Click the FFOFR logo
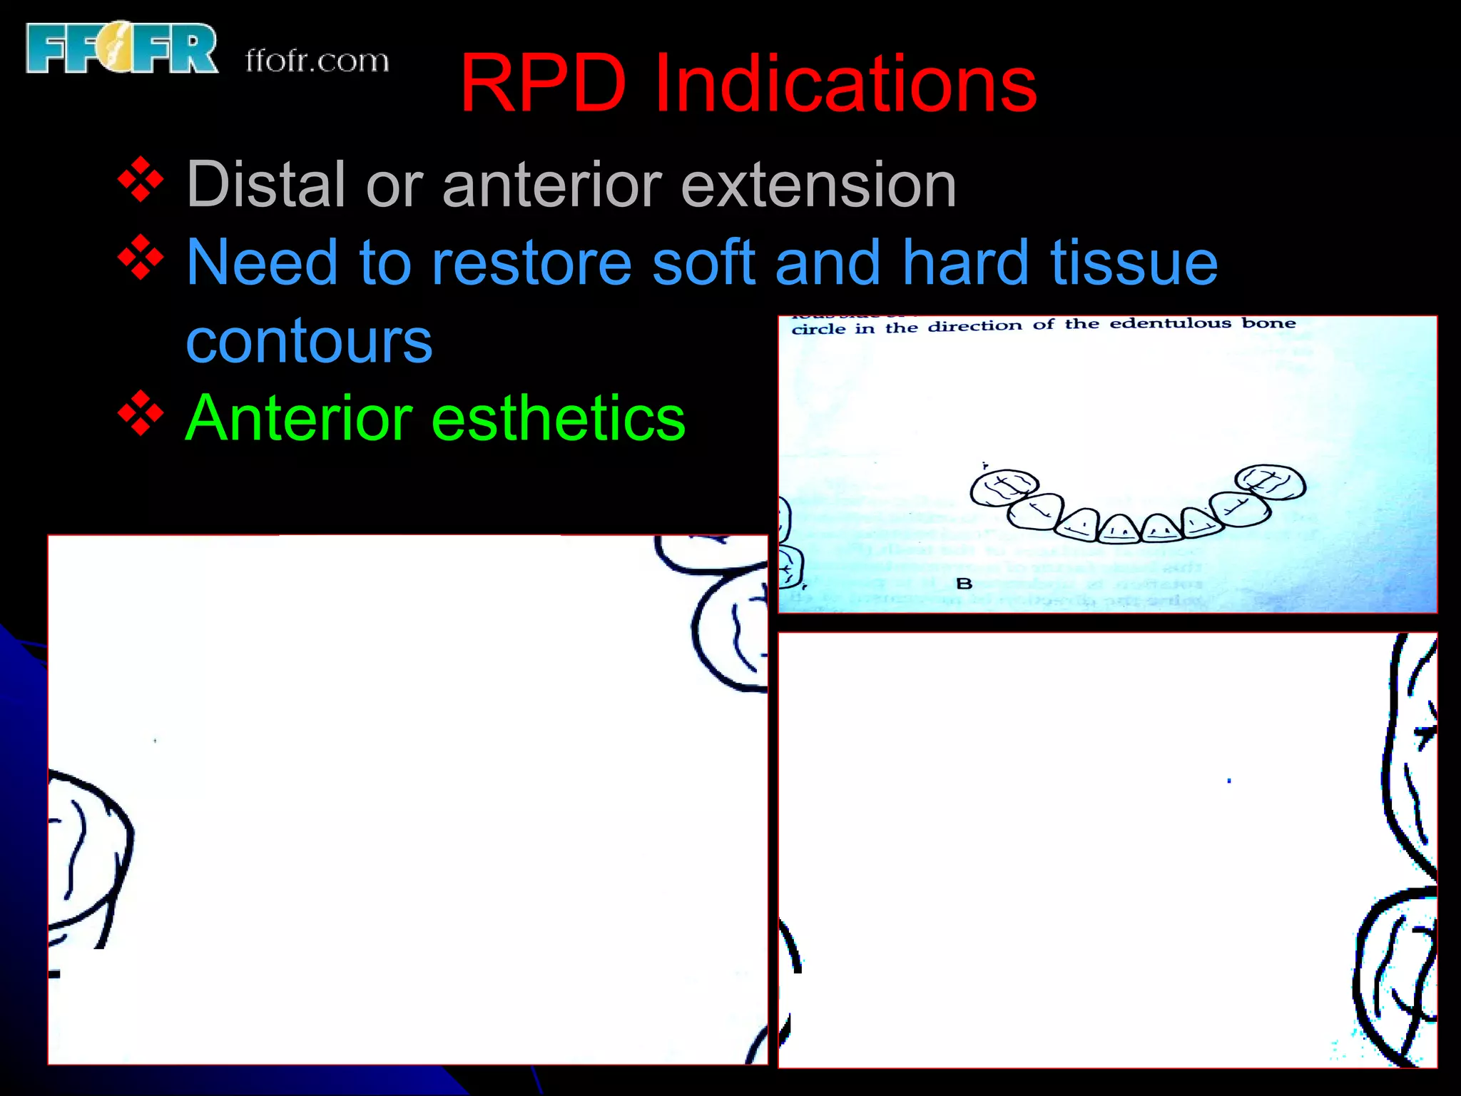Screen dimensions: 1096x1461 (x=121, y=49)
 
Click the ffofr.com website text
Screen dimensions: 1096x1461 (x=317, y=61)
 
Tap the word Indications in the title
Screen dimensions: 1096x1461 (x=845, y=84)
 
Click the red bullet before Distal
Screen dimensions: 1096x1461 (x=141, y=180)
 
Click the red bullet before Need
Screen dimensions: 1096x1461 (x=141, y=258)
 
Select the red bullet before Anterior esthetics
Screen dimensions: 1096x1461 (x=141, y=413)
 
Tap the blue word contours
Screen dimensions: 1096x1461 (x=309, y=341)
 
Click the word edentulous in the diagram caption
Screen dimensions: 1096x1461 (x=1170, y=324)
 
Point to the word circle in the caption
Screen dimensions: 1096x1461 (x=818, y=330)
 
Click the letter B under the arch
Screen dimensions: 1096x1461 (x=964, y=584)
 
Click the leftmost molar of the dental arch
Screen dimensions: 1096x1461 (x=1003, y=487)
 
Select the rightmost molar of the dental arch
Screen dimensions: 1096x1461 (x=1270, y=483)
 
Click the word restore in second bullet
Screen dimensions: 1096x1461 (x=531, y=263)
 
